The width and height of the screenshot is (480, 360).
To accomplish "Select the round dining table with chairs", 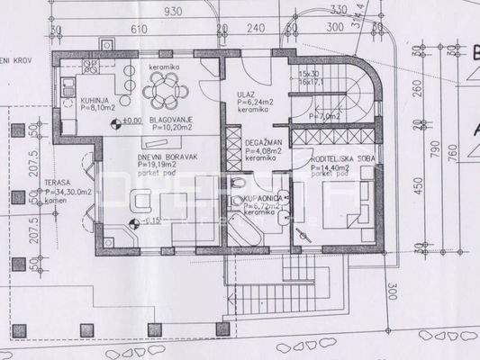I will click(167, 87).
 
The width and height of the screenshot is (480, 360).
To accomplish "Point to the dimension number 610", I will click(139, 29).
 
